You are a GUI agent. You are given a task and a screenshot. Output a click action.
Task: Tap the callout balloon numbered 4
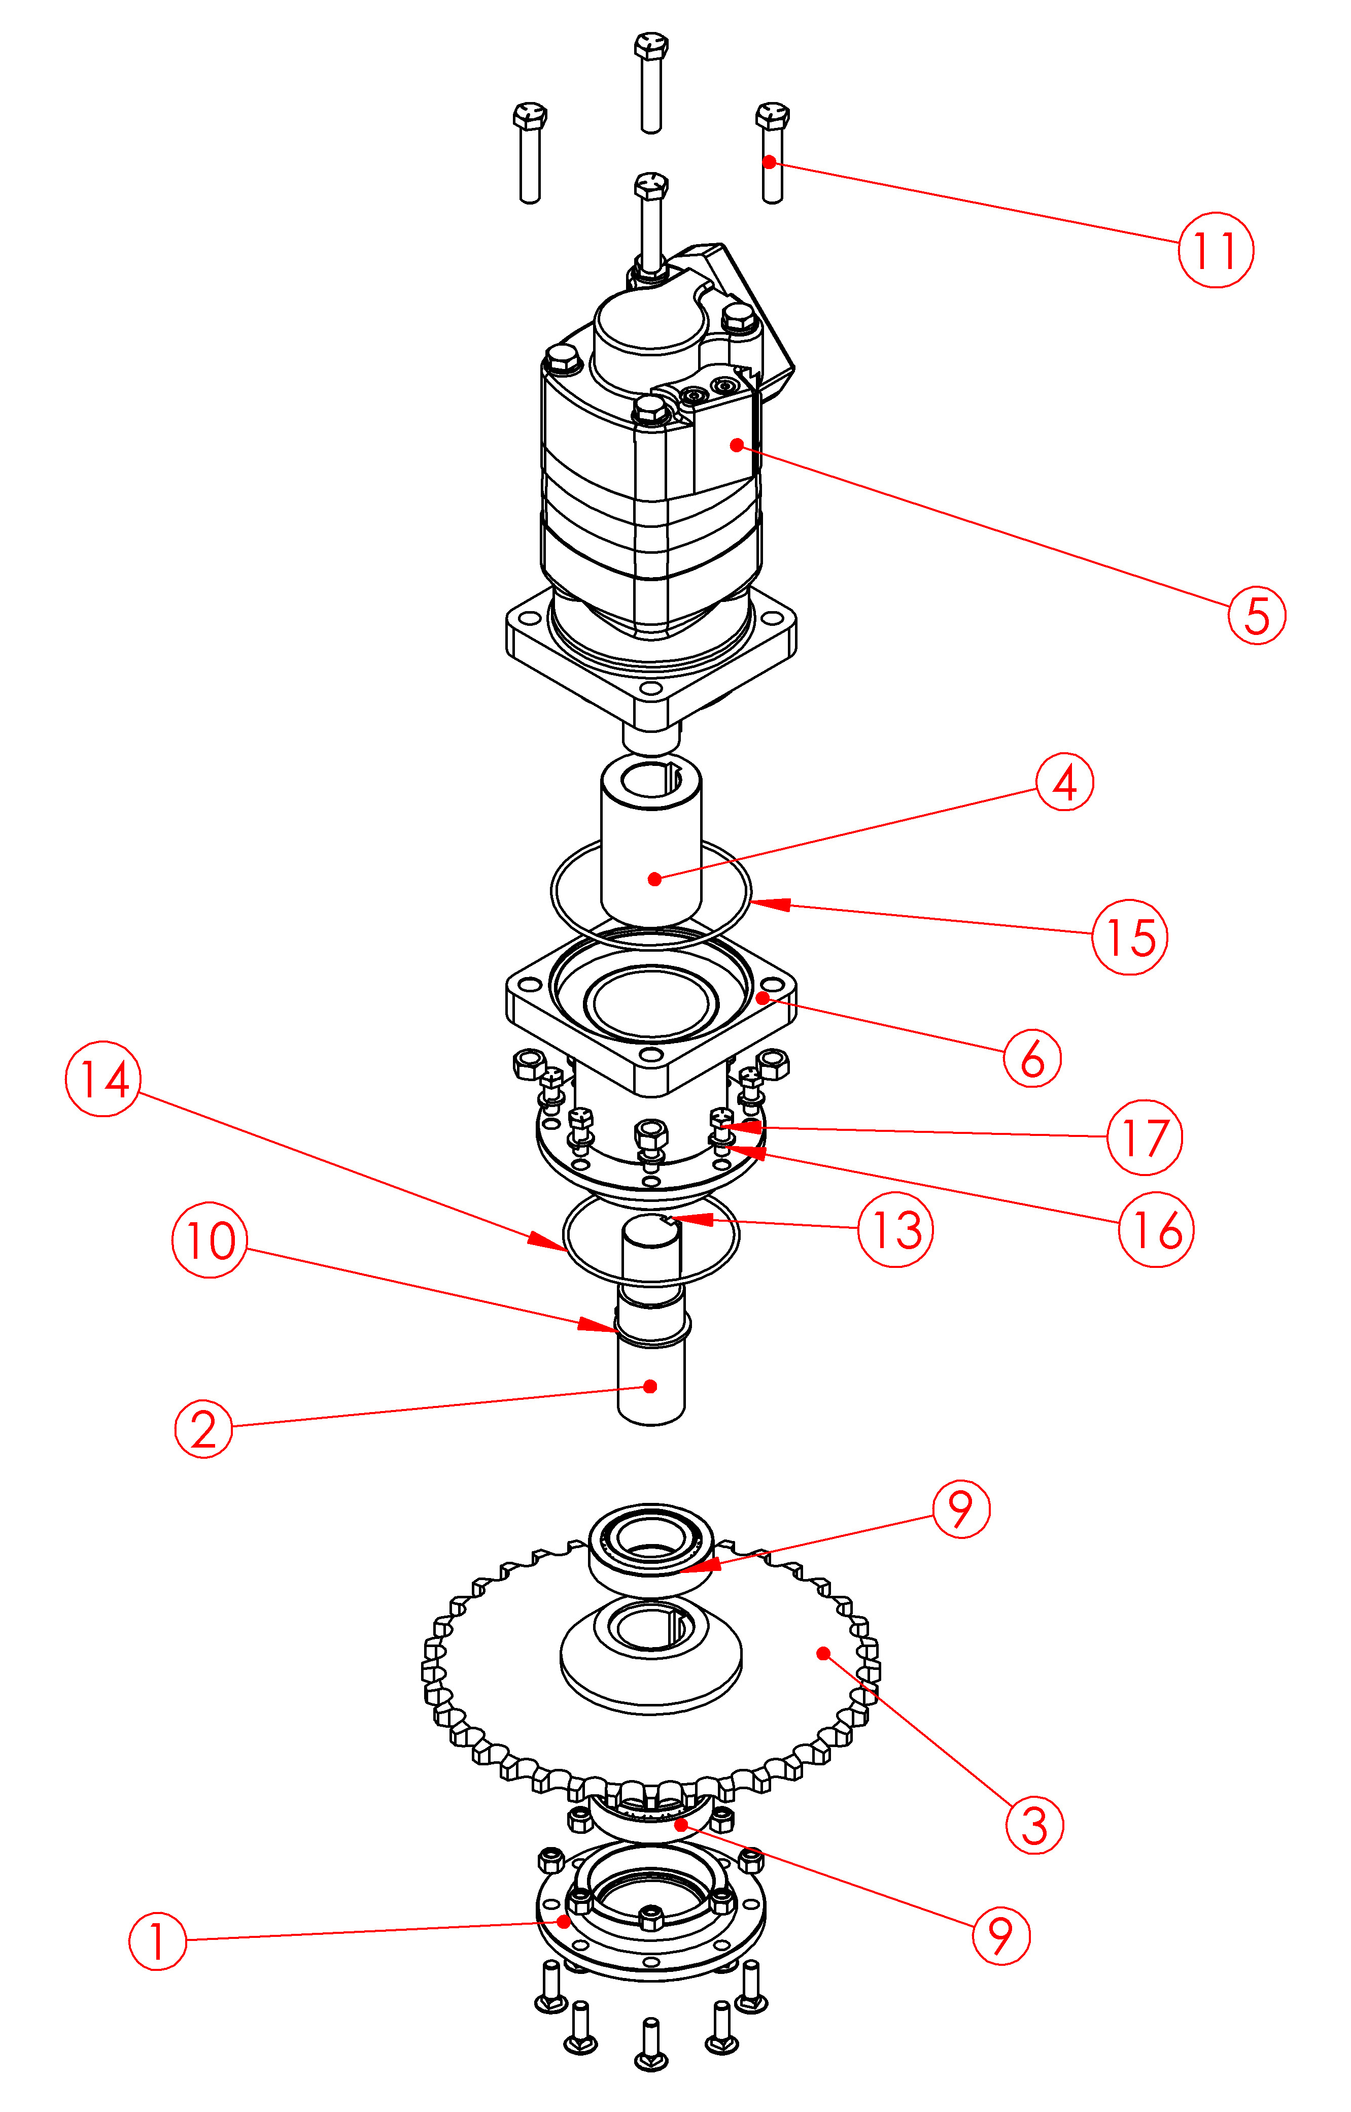point(1064,782)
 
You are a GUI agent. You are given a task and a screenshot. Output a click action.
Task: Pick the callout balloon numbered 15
point(1129,937)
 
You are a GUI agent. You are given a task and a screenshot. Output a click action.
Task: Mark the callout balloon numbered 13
point(895,1229)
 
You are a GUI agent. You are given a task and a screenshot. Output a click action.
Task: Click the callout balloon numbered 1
point(158,1940)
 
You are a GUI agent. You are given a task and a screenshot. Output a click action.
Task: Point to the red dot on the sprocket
point(823,1653)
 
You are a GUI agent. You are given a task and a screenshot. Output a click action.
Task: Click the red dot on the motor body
point(736,445)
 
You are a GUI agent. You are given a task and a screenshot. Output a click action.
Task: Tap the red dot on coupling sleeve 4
point(654,878)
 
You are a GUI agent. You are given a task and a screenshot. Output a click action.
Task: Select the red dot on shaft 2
point(650,1386)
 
